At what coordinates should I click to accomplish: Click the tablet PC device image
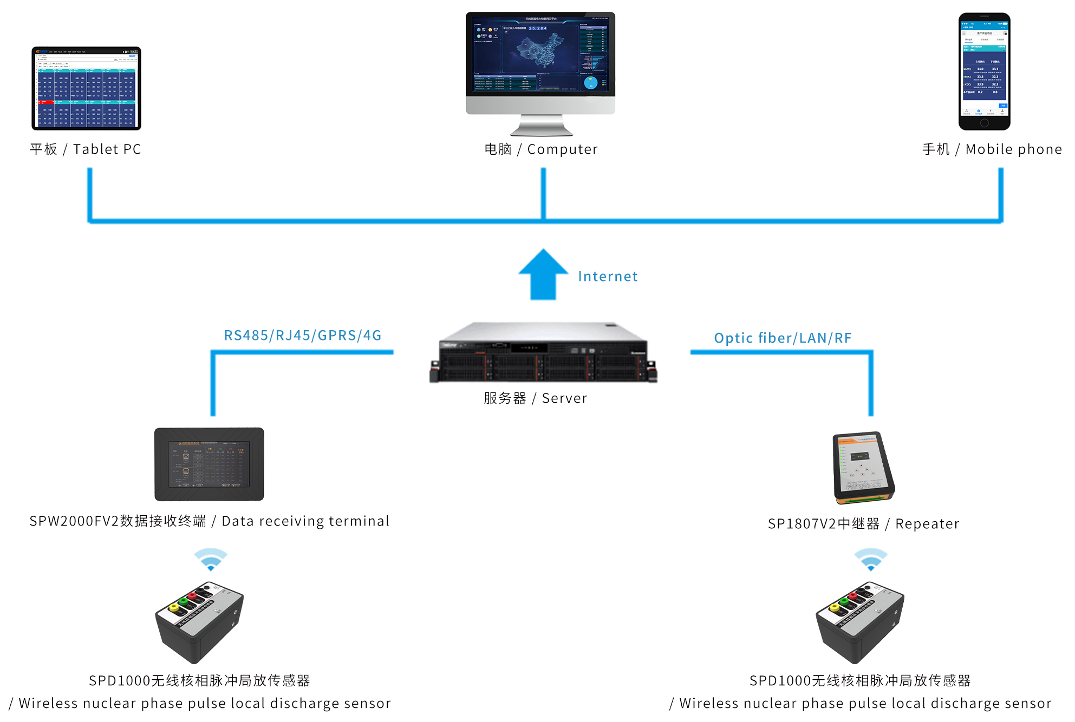86,88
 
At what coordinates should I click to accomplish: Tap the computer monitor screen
540,54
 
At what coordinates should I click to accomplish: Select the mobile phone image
984,71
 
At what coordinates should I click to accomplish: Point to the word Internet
608,277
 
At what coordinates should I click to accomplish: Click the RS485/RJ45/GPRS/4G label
303,336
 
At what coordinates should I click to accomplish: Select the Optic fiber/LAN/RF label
783,338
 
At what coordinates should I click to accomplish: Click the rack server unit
543,353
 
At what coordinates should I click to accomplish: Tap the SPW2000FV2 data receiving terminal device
209,464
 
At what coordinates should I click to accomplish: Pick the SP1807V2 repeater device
863,468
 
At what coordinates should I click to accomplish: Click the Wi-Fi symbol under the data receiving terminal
211,559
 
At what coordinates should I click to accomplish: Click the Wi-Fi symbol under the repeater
870,559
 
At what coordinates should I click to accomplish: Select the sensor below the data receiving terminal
199,622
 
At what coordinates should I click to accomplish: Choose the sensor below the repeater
860,622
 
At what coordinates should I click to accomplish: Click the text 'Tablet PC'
107,149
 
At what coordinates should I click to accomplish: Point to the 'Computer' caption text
562,149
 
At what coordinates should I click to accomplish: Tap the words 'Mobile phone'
1013,149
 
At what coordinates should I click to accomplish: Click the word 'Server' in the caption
564,398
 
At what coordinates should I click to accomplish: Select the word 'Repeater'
927,524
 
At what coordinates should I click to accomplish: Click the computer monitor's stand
541,126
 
